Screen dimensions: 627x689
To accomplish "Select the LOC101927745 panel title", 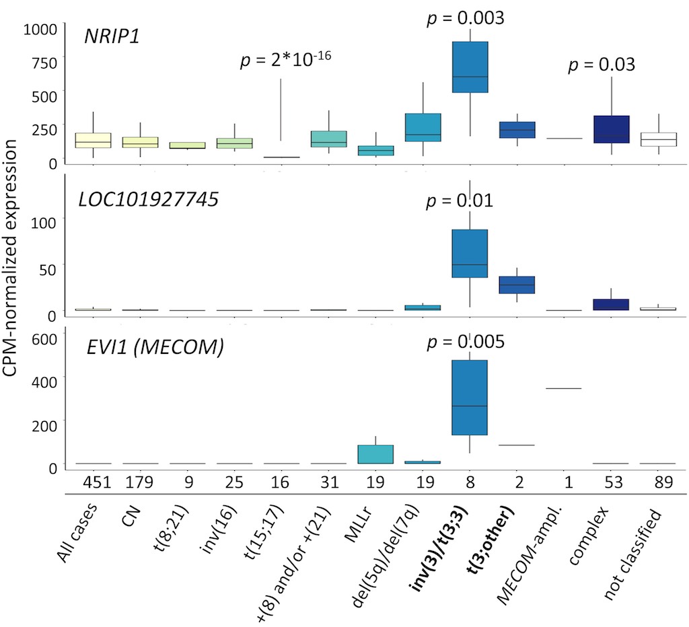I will [151, 200].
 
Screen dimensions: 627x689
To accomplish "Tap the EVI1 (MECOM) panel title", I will [154, 347].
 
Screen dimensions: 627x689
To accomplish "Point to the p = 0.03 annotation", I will [602, 65].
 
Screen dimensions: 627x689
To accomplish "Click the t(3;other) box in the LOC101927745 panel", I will [516, 285].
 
